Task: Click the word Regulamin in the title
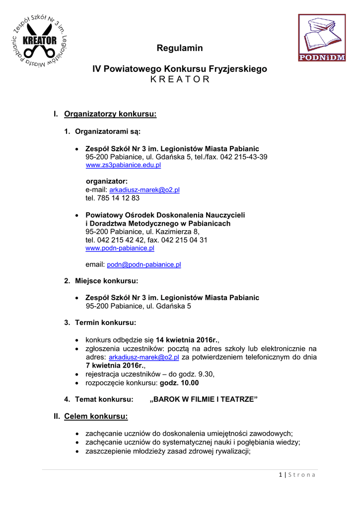(180, 48)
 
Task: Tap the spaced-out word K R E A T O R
(180, 80)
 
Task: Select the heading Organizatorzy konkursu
(110, 115)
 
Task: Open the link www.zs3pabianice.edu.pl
(123, 165)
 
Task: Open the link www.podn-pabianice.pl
(120, 248)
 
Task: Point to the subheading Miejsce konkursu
(106, 281)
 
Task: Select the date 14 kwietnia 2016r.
(187, 340)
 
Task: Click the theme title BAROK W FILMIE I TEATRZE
(204, 399)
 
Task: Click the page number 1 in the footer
(281, 475)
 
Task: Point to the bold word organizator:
(107, 181)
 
